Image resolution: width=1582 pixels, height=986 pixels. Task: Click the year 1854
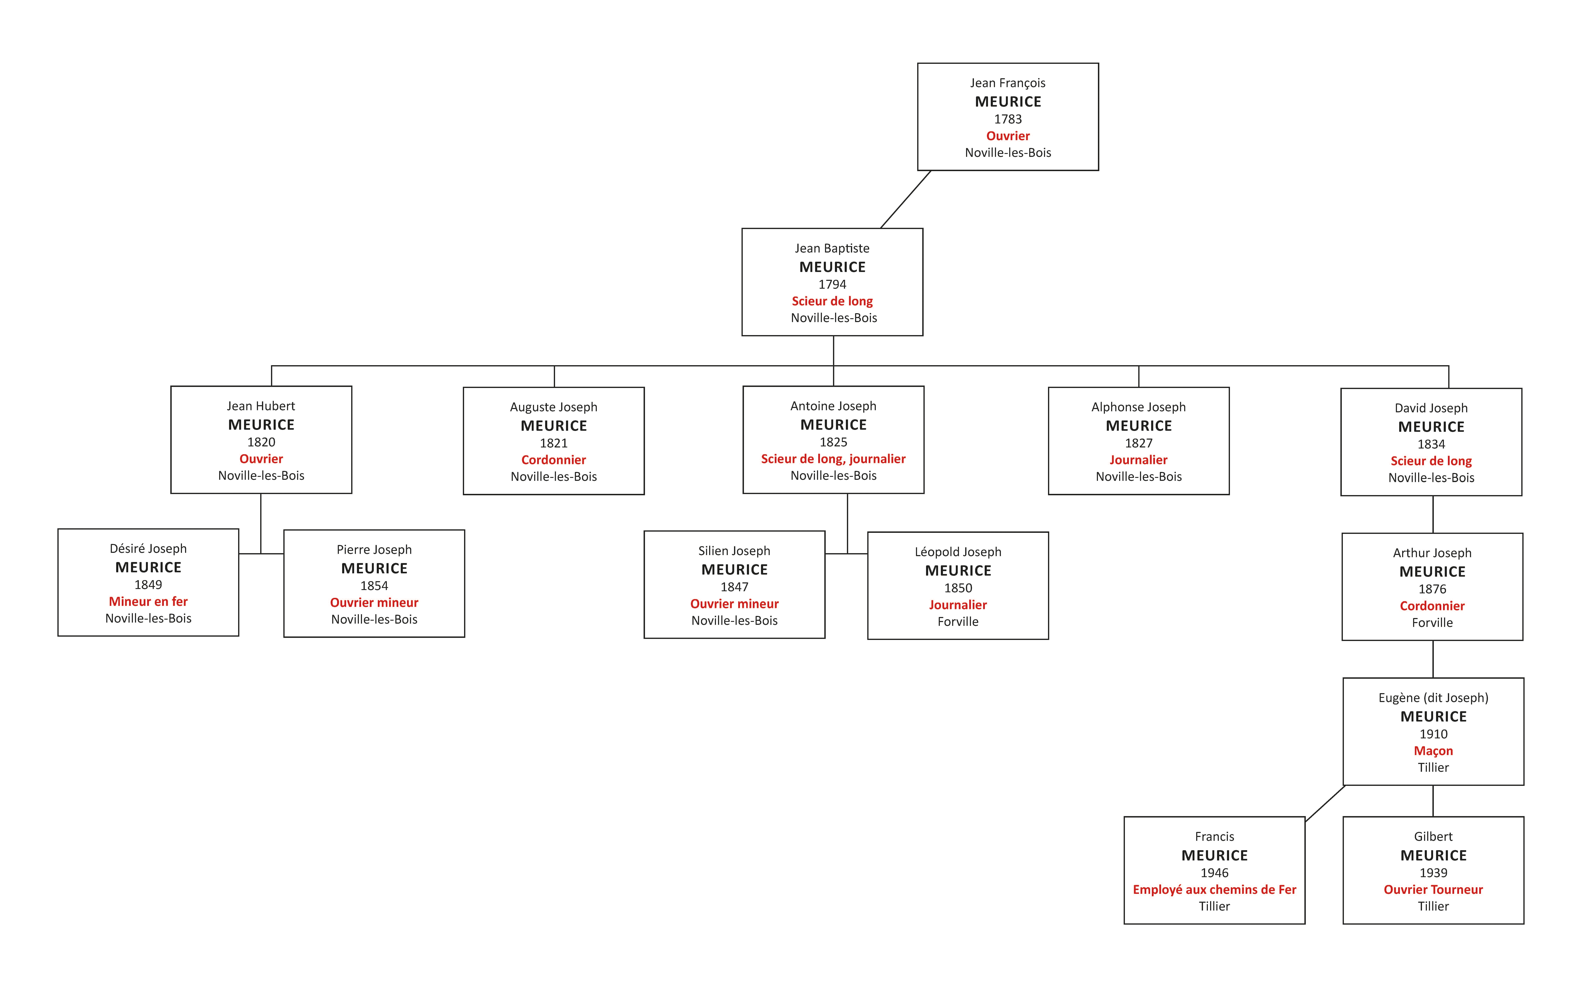pos(374,586)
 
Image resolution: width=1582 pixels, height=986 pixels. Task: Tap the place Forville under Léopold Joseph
pos(958,622)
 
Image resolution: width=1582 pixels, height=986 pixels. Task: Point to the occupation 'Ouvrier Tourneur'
pos(1433,889)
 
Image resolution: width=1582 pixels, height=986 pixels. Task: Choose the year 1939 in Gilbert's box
pos(1433,873)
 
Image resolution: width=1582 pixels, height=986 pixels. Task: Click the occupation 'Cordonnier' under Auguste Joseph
pos(554,460)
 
